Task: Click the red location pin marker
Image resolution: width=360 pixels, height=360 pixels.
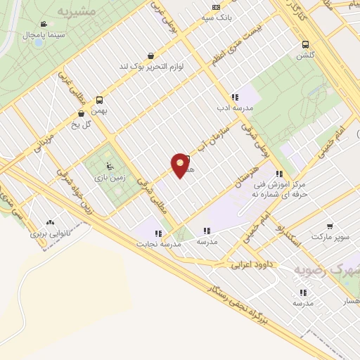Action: pyautogui.click(x=181, y=165)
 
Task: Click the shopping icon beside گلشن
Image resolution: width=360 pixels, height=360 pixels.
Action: pyautogui.click(x=304, y=43)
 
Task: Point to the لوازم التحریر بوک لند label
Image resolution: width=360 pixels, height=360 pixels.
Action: pyautogui.click(x=150, y=66)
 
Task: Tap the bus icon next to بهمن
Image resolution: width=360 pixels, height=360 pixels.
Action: pyautogui.click(x=99, y=100)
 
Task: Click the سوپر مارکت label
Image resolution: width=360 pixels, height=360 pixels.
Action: pyautogui.click(x=331, y=237)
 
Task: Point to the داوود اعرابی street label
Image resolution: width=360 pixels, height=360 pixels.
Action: pyautogui.click(x=250, y=265)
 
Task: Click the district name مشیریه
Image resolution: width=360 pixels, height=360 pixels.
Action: pyautogui.click(x=75, y=13)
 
